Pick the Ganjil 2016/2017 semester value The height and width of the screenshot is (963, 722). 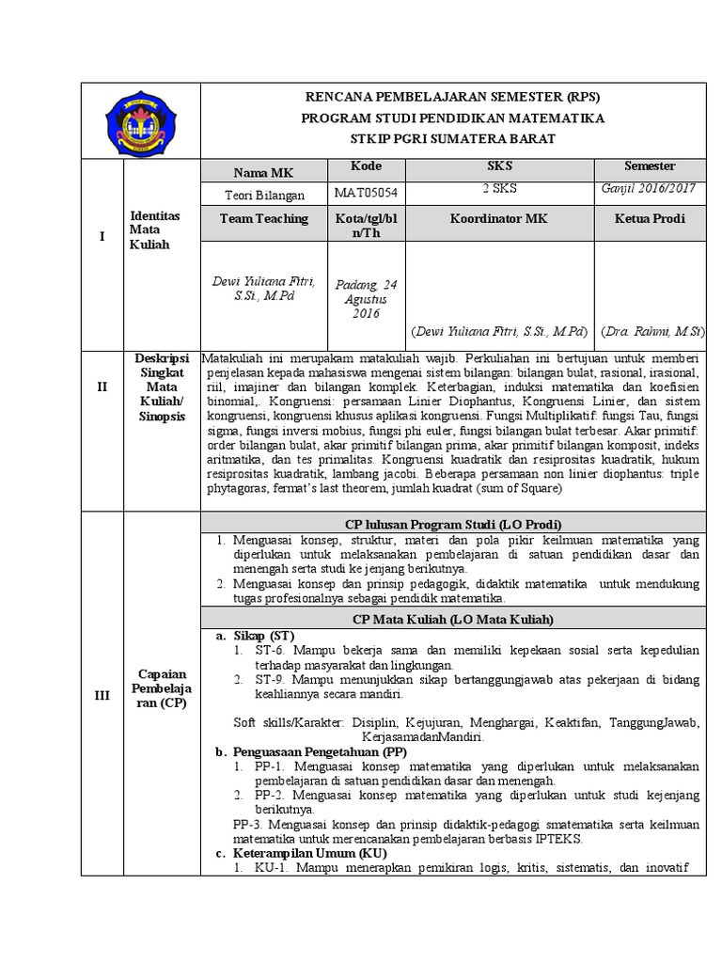click(649, 188)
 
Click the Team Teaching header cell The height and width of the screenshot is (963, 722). click(262, 218)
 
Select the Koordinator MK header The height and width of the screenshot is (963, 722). click(499, 218)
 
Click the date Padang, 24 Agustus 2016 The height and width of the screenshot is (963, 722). click(367, 298)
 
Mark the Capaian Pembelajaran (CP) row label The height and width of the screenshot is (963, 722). click(159, 688)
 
